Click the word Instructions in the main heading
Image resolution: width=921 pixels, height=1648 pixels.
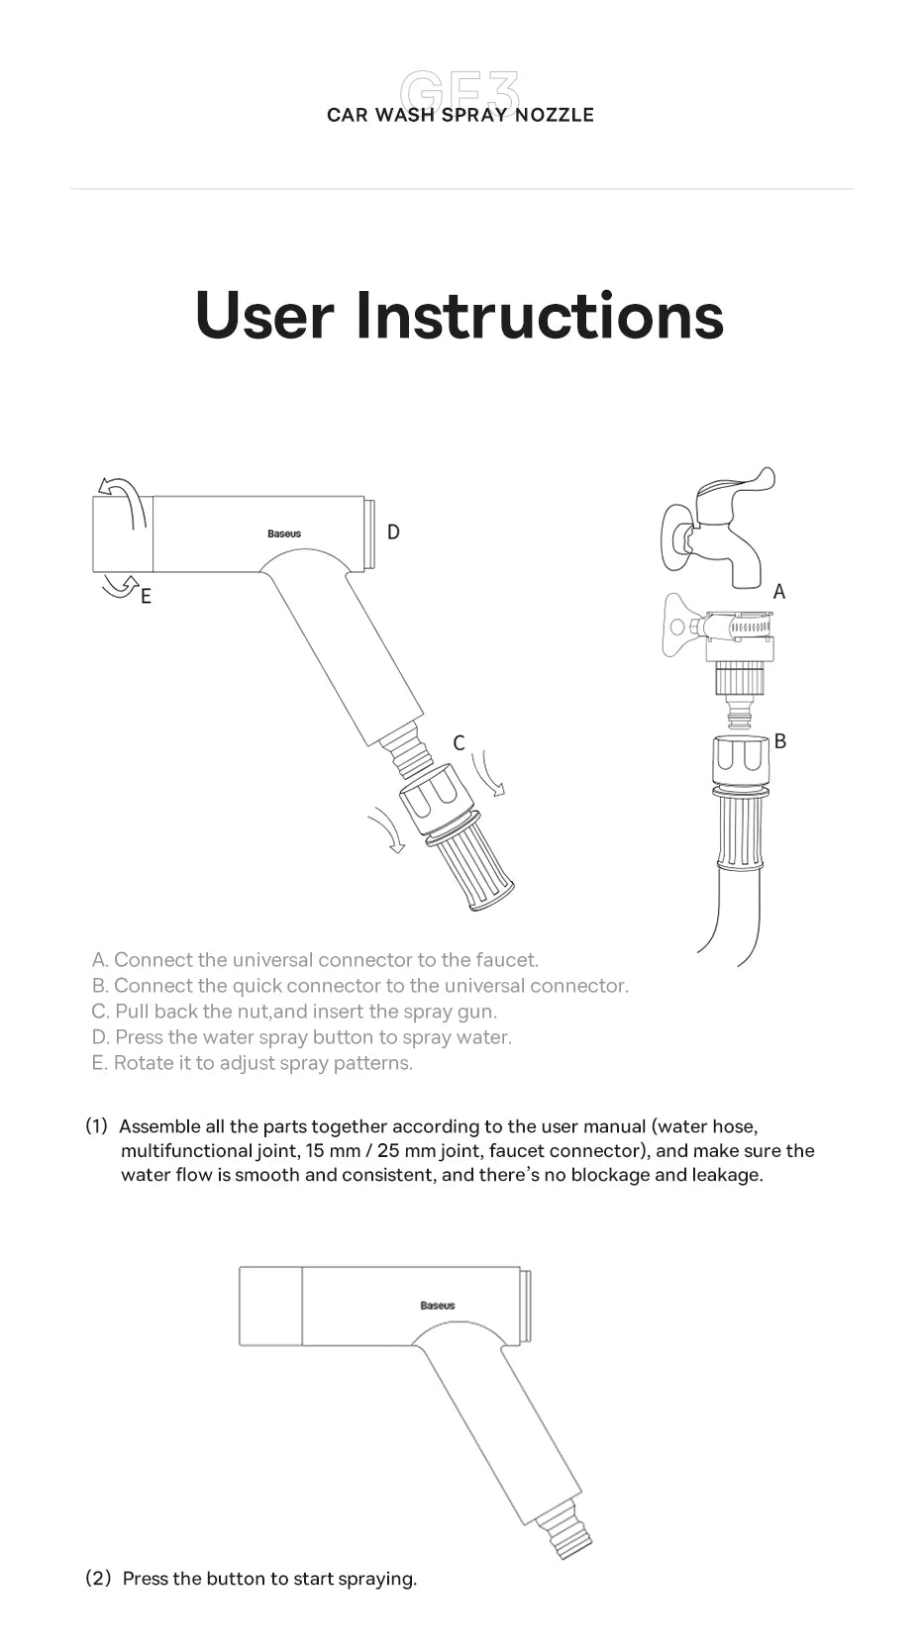pos(539,316)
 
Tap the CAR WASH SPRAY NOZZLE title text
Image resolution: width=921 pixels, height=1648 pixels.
pos(460,115)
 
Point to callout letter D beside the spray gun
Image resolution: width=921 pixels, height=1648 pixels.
pos(393,533)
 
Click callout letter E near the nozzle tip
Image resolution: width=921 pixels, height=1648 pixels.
pos(146,596)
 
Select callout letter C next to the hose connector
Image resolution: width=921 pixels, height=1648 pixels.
pos(459,742)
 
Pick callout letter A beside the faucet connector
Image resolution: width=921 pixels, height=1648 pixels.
pos(778,592)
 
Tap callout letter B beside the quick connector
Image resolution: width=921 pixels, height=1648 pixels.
pos(780,740)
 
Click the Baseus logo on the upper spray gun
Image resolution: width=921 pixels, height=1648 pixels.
pos(284,533)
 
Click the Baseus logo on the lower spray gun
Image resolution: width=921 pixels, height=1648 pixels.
pos(437,1306)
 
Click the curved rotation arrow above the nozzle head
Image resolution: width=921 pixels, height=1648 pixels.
pos(121,495)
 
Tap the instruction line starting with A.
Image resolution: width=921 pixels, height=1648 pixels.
pos(315,959)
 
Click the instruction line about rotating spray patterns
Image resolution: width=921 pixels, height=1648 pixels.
pos(252,1063)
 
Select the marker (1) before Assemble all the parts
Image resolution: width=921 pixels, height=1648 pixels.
pos(96,1126)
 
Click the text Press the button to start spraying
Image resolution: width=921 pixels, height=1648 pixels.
pos(269,1579)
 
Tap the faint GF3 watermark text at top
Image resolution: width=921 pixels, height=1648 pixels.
pos(460,91)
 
